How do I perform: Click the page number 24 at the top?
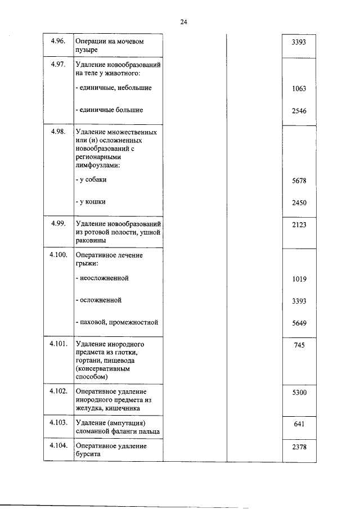pyautogui.click(x=183, y=22)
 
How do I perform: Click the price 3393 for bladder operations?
pyautogui.click(x=299, y=42)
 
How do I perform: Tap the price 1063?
pyautogui.click(x=299, y=89)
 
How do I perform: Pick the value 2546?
pyautogui.click(x=299, y=111)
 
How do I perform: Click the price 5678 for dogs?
pyautogui.click(x=299, y=181)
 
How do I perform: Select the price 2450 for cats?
pyautogui.click(x=299, y=202)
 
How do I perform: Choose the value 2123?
pyautogui.click(x=299, y=224)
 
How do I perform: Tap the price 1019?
pyautogui.click(x=299, y=279)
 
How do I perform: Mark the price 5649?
pyautogui.click(x=299, y=323)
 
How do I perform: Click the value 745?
pyautogui.click(x=299, y=345)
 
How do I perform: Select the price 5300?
pyautogui.click(x=299, y=392)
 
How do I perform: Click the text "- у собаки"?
pyautogui.click(x=91, y=180)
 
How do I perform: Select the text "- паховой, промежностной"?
pyautogui.click(x=116, y=322)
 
